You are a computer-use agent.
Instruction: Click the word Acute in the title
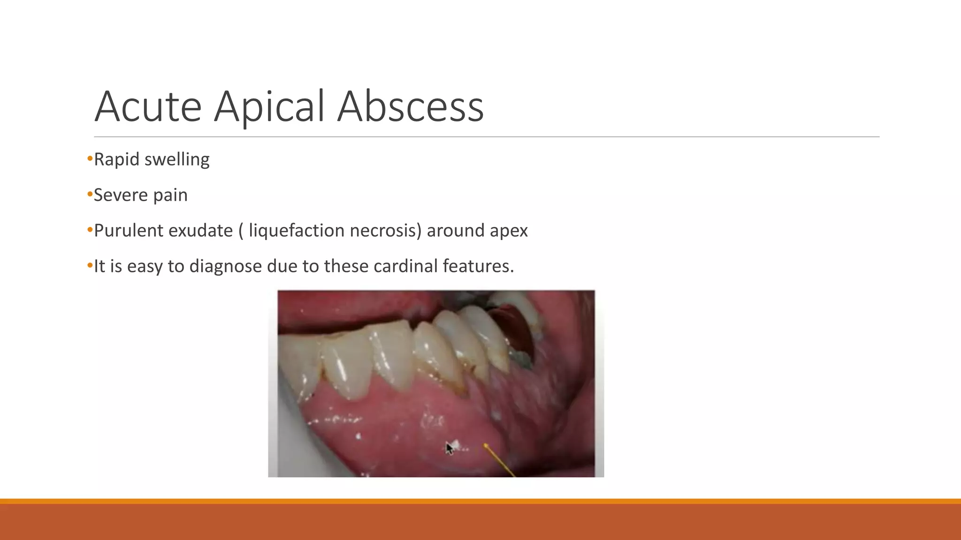(148, 107)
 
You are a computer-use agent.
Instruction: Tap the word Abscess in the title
(411, 107)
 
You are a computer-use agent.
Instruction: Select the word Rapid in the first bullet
(116, 160)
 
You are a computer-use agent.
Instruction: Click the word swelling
(177, 160)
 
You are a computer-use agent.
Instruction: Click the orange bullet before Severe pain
(90, 195)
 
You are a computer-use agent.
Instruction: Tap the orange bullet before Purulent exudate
(90, 230)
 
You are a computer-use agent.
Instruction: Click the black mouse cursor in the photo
(449, 448)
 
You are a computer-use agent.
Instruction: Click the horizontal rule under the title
(486, 137)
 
